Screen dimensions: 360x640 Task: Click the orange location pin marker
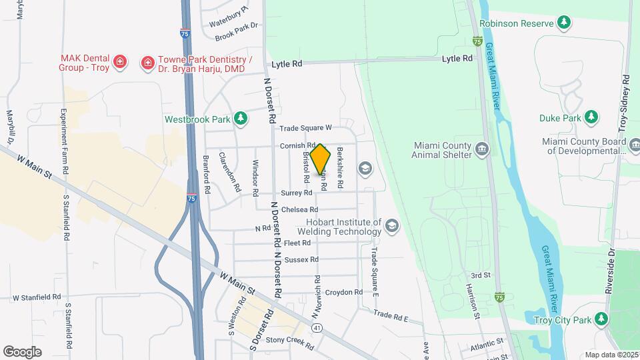point(321,158)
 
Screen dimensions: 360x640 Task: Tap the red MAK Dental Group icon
point(120,63)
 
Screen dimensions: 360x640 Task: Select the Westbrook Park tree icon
point(241,119)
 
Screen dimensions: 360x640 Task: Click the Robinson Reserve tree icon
point(564,23)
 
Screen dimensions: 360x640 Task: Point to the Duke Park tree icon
point(591,118)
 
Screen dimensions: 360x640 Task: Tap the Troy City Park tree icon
point(601,319)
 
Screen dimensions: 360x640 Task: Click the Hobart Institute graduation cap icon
point(391,227)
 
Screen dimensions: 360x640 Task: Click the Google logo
point(22,351)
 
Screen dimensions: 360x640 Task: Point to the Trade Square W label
point(305,128)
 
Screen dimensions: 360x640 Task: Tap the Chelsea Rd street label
point(299,210)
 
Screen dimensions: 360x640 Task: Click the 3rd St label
point(480,275)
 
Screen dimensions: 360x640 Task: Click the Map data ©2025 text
point(611,355)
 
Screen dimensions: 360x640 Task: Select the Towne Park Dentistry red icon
point(146,63)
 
